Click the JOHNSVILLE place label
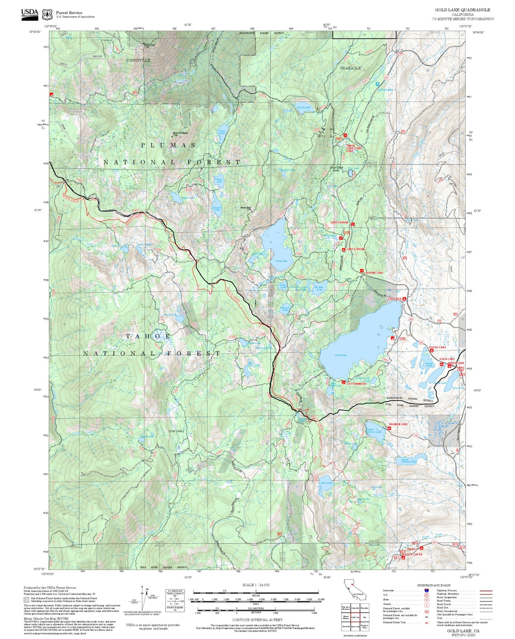[138, 60]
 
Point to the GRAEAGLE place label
[350, 68]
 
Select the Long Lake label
[281, 261]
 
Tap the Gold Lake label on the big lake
[341, 355]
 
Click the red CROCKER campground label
[395, 299]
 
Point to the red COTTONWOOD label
[356, 384]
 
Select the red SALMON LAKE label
[398, 424]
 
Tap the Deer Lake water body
[326, 483]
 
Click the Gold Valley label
[176, 431]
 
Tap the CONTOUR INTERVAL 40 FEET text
[257, 620]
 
